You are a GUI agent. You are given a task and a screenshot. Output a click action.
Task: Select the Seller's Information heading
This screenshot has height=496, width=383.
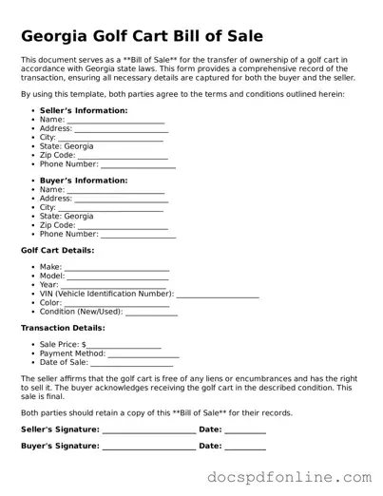click(84, 111)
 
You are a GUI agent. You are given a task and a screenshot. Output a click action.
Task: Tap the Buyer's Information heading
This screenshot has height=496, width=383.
click(84, 181)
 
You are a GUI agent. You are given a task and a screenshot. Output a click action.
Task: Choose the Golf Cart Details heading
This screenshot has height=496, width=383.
click(57, 250)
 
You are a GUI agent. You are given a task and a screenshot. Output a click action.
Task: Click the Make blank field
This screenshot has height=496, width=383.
click(116, 268)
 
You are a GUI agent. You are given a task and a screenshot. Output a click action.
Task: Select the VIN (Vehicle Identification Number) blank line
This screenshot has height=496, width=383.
click(218, 296)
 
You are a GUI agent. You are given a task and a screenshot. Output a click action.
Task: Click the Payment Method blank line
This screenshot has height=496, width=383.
click(144, 354)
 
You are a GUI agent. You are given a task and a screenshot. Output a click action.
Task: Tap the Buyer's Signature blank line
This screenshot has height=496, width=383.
click(148, 447)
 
